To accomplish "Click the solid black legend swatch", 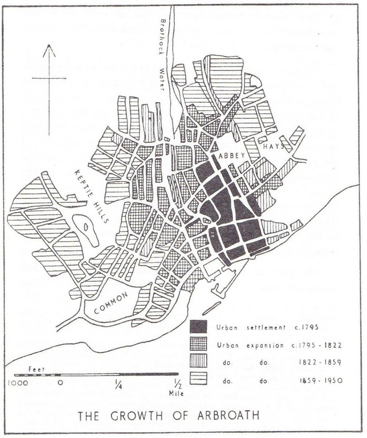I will [x=198, y=327].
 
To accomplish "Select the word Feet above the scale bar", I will [x=35, y=369].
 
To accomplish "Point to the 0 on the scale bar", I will [x=60, y=383].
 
